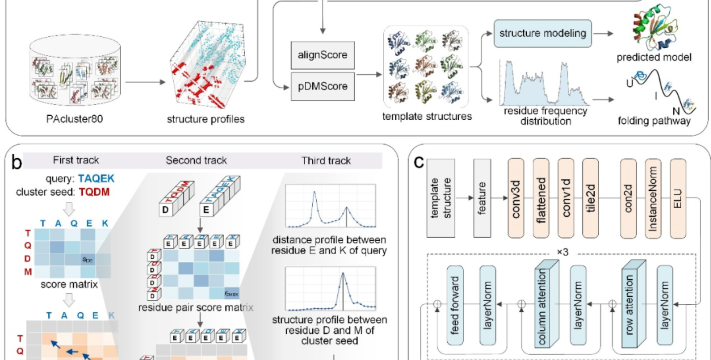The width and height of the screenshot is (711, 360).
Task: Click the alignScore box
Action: pos(322,55)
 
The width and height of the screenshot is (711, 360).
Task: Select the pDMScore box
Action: pos(322,86)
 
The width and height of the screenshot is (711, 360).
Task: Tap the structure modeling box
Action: pos(543,33)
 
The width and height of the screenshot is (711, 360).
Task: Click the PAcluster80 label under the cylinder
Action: pos(75,119)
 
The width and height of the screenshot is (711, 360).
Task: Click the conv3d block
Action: pos(516,199)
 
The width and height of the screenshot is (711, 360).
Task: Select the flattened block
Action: pos(541,199)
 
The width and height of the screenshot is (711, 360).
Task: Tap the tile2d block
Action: pos(590,199)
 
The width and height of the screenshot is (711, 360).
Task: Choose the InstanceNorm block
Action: pos(653,199)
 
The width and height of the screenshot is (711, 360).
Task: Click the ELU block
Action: pos(678,199)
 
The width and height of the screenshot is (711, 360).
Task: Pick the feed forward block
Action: pos(455,305)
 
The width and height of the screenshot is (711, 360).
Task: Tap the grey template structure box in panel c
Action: pos(440,199)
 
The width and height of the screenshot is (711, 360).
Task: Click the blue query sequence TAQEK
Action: pos(96,178)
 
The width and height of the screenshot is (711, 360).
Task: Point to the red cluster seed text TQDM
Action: pos(94,192)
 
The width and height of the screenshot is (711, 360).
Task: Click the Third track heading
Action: pos(326,160)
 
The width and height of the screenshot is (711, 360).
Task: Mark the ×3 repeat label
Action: pos(562,252)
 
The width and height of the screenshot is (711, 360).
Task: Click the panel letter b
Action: pos(16,162)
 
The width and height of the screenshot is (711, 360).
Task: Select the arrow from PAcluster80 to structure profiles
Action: pos(145,82)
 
